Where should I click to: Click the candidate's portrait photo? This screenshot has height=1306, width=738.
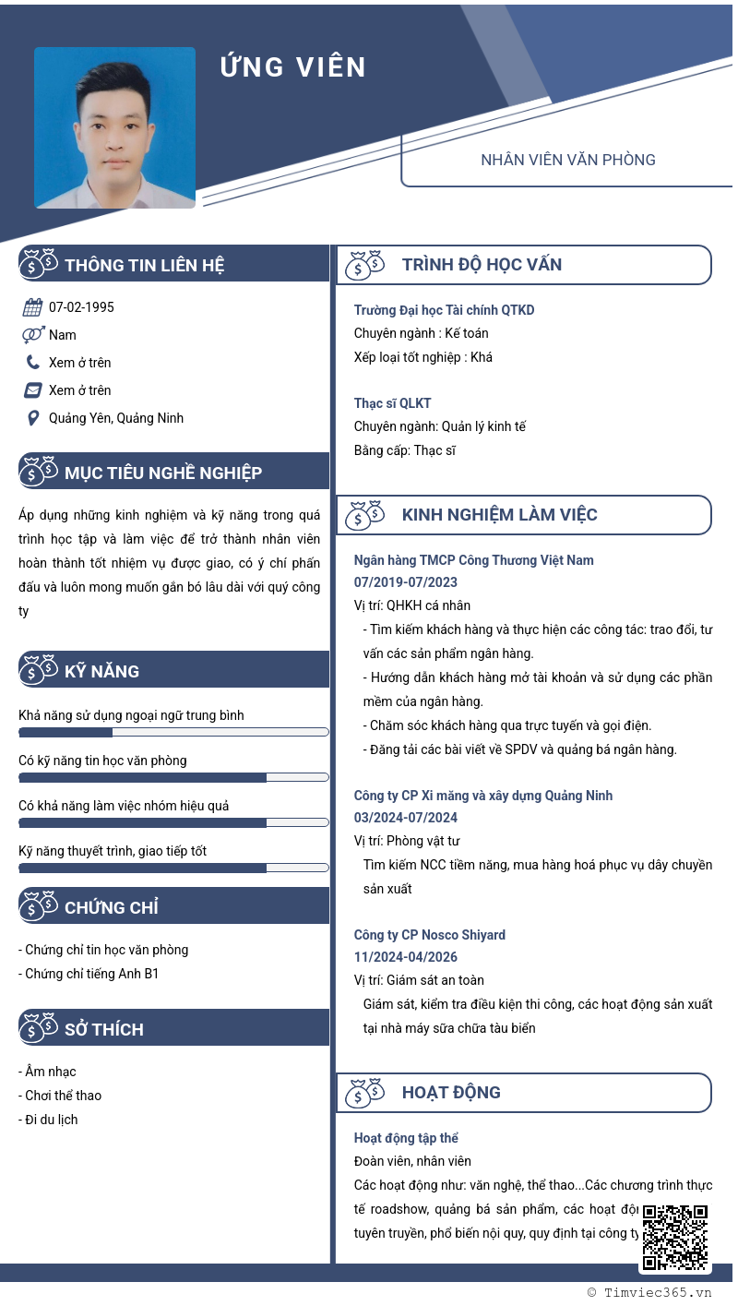(115, 127)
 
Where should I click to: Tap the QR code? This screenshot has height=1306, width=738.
(674, 1237)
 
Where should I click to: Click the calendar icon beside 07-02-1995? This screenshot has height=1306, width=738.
(32, 307)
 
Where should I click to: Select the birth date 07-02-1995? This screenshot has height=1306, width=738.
(81, 307)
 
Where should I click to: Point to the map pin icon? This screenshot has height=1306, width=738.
(32, 418)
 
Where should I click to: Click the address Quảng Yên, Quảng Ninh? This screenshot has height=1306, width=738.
(116, 418)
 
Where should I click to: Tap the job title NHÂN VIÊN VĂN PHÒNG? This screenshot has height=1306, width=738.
(567, 160)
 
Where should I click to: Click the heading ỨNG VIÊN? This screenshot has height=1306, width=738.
(293, 67)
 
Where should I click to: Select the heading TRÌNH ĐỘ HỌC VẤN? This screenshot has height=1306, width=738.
(482, 265)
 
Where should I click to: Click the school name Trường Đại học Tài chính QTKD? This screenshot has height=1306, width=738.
(444, 310)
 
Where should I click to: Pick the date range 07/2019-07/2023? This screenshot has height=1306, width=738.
(406, 582)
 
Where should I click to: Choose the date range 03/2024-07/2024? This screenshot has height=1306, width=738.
(406, 818)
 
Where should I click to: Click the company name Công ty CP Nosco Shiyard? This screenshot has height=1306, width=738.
(430, 935)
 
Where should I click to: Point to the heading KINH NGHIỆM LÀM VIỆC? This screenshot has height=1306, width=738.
(499, 515)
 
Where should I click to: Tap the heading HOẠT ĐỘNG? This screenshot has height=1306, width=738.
(451, 1093)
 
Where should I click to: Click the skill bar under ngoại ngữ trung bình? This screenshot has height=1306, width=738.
(173, 732)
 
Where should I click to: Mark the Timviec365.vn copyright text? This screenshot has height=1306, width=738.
(649, 1293)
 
